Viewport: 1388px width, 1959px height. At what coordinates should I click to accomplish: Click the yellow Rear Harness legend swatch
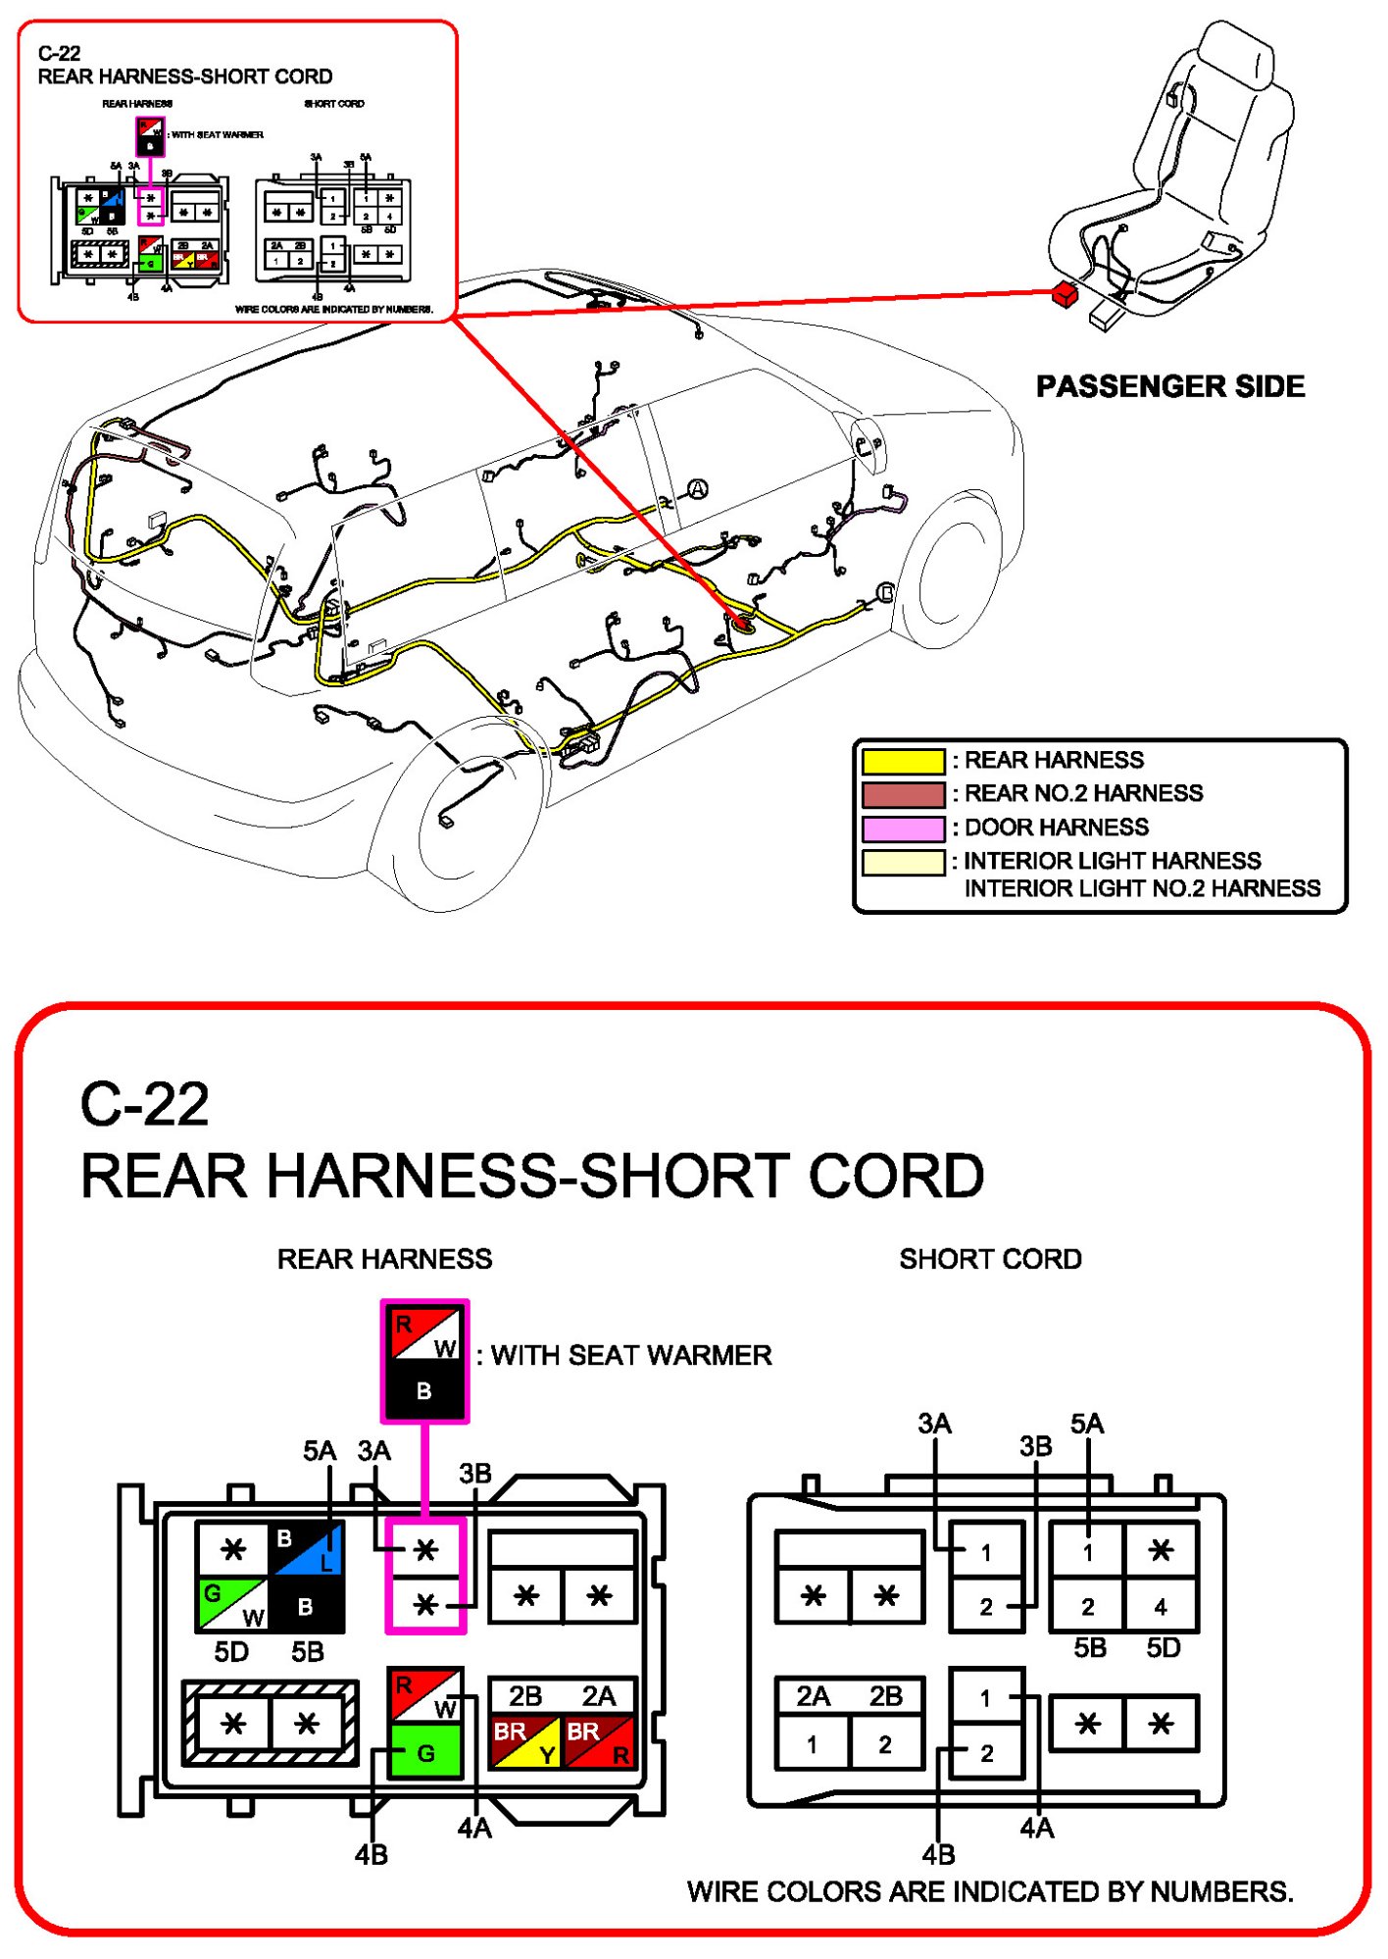click(x=903, y=761)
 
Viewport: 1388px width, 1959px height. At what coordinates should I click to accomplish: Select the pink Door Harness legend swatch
click(x=903, y=829)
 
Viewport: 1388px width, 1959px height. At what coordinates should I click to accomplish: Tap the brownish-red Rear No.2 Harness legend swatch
click(x=903, y=794)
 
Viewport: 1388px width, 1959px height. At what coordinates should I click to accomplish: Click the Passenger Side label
click(x=1169, y=386)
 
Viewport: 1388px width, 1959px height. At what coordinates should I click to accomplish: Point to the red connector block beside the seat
click(x=1064, y=293)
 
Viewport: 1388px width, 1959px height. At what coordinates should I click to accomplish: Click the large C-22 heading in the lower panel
click(x=145, y=1104)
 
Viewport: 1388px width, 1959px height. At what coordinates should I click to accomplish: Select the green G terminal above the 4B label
click(x=425, y=1752)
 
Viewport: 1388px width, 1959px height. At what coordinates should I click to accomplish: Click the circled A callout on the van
click(x=697, y=488)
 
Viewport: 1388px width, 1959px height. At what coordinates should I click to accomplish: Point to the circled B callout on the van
click(x=885, y=592)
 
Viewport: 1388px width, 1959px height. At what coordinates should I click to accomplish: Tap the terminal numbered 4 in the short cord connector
click(x=1161, y=1606)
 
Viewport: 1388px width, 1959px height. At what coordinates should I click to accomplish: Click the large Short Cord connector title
click(x=990, y=1259)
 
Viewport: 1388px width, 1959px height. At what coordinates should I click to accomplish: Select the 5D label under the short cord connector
click(x=1164, y=1648)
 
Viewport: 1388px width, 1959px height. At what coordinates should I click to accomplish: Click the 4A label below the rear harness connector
click(x=474, y=1828)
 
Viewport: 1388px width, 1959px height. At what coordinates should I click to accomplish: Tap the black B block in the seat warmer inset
click(x=424, y=1390)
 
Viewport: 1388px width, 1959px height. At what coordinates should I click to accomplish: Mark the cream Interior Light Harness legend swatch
click(x=903, y=863)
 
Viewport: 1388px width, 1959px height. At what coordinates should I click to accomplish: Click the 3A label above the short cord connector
click(x=934, y=1424)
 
